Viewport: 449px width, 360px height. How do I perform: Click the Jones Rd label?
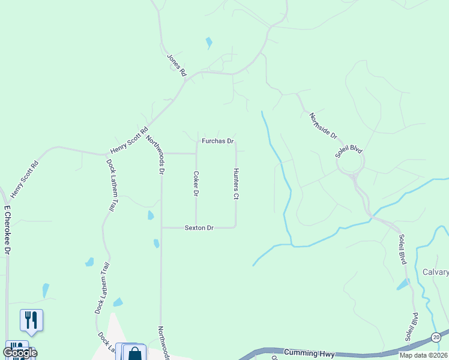point(176,65)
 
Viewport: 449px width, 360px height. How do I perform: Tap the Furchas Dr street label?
point(217,142)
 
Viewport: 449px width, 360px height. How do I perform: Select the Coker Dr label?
point(196,184)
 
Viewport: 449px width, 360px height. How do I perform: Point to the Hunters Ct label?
point(236,184)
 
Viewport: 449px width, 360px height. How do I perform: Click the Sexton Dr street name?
point(199,228)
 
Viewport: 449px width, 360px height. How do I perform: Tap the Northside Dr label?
point(324,127)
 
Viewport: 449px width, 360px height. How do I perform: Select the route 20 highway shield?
point(436,338)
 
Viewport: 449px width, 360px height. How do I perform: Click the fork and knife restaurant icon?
point(31,319)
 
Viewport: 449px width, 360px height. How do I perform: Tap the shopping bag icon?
point(135,353)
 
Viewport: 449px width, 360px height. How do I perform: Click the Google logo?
point(20,353)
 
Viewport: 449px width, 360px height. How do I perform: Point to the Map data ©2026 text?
point(423,355)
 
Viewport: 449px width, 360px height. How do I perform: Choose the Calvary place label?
point(435,272)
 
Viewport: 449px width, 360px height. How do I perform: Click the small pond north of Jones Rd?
point(209,43)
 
